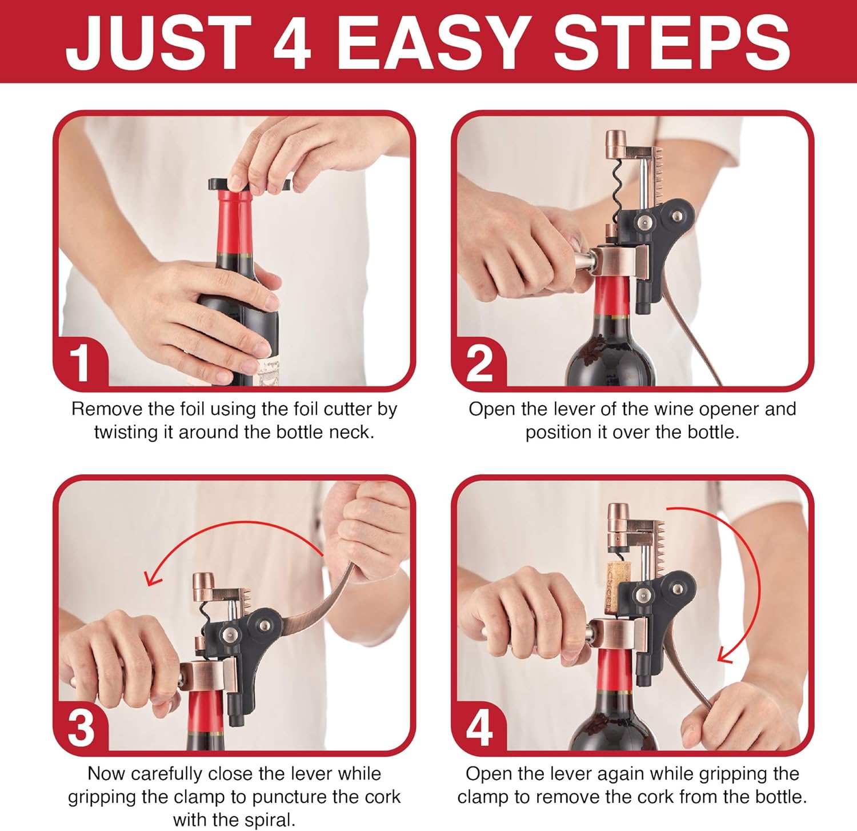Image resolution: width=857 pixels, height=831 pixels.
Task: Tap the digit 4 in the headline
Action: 292,43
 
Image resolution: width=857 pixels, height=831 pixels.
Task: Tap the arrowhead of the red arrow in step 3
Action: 152,579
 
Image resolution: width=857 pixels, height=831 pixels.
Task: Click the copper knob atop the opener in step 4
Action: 619,517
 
